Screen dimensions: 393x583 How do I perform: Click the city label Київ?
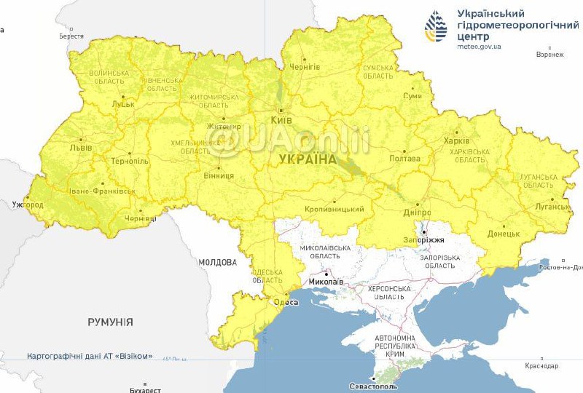[281, 119]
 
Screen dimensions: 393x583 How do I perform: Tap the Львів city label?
[80, 148]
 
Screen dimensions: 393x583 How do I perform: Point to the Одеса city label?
[285, 302]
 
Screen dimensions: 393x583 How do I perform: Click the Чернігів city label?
[305, 67]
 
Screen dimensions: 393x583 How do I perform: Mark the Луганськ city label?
[552, 207]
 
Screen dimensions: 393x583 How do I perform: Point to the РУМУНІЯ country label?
[110, 321]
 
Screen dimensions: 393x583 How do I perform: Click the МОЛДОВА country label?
[216, 262]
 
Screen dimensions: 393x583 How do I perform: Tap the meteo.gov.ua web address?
[479, 46]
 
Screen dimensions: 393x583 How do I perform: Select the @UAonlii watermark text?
[289, 138]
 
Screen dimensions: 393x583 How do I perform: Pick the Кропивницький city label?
[334, 210]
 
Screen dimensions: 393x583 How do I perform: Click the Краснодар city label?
[540, 365]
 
